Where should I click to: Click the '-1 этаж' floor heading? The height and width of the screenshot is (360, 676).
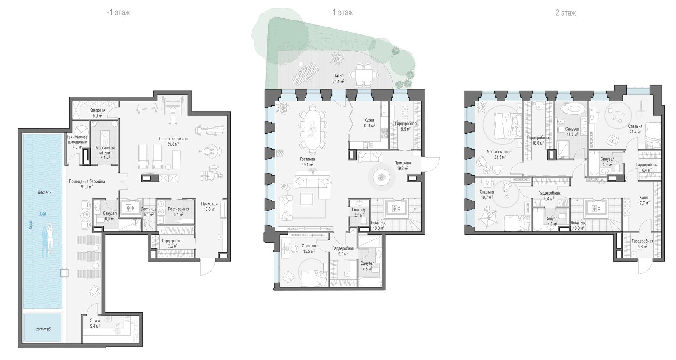[118, 13]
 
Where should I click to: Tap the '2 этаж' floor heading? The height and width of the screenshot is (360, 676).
[565, 13]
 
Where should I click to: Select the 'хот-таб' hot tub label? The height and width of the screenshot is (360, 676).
[43, 329]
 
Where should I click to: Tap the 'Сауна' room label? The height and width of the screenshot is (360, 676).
[95, 321]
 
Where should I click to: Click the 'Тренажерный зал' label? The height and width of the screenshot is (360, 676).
[173, 139]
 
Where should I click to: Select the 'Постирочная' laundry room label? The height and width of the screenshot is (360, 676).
[179, 209]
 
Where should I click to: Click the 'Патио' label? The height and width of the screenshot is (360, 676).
[338, 76]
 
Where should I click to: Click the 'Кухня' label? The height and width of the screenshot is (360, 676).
[369, 120]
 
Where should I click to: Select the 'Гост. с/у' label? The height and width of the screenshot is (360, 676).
[359, 210]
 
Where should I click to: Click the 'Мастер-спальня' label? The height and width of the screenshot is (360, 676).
[500, 152]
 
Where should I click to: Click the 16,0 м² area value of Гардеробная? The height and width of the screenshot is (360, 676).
[538, 143]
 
